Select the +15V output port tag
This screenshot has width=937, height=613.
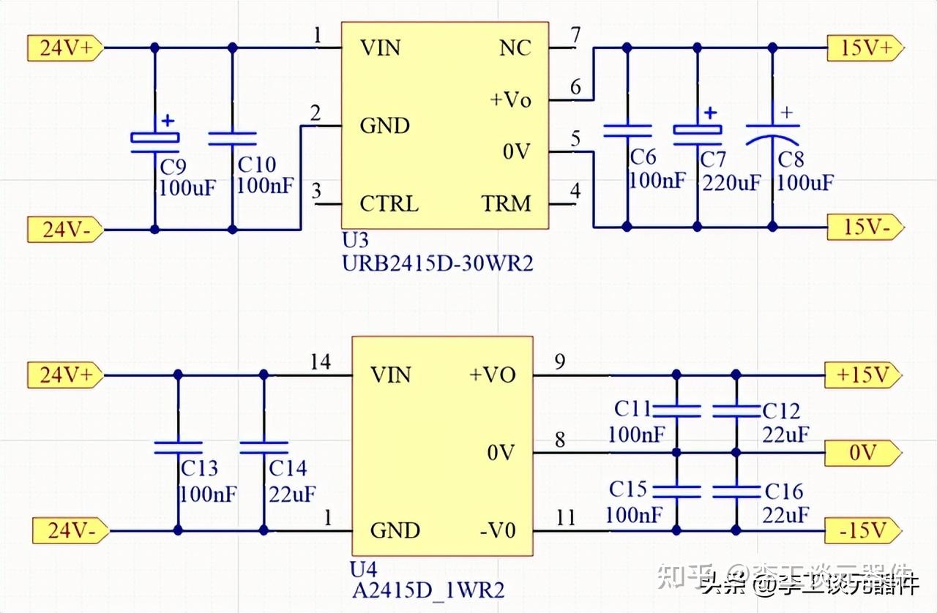(862, 375)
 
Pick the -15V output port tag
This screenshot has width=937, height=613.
(862, 529)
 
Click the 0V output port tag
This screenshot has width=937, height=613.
(862, 453)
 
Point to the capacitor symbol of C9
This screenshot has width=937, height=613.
(154, 137)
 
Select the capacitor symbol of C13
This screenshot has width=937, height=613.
(177, 447)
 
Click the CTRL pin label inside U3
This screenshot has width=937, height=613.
(389, 203)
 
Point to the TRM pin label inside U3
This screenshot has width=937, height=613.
(506, 203)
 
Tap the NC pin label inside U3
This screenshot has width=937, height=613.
(515, 48)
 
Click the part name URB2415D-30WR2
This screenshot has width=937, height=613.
(438, 263)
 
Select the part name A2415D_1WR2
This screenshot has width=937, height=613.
(428, 590)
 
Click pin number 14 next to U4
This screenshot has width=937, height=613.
(320, 362)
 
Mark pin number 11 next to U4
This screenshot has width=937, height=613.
(565, 519)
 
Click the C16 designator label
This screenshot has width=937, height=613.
(783, 491)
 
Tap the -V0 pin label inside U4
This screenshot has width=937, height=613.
(497, 530)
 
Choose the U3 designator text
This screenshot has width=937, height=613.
(355, 241)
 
